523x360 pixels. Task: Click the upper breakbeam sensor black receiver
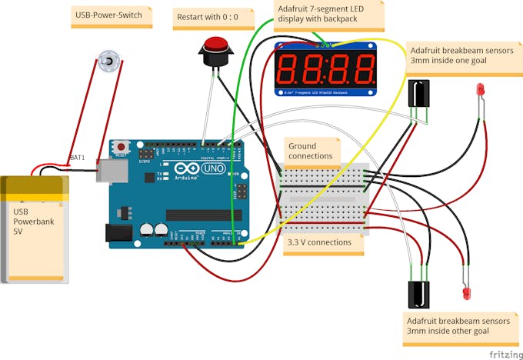pos(420,94)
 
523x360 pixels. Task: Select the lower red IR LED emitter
pos(467,292)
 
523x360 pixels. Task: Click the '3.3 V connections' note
pos(318,242)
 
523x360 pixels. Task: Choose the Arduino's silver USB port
pos(108,170)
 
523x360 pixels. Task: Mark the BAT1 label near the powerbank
pos(77,157)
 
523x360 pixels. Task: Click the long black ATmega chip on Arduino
pos(204,214)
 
